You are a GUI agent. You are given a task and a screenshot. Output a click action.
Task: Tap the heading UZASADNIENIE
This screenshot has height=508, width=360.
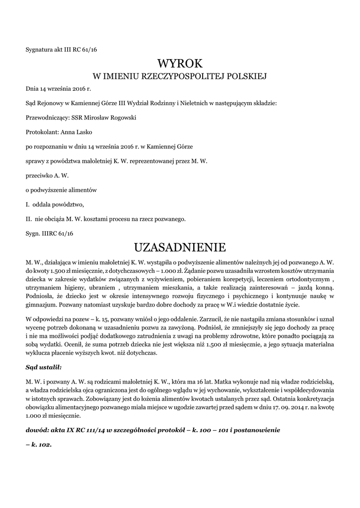click(180, 247)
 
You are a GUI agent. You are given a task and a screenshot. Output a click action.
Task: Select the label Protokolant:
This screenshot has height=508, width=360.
click(42, 132)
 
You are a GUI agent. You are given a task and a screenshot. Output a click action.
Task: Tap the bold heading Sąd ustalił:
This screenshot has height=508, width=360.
click(44, 367)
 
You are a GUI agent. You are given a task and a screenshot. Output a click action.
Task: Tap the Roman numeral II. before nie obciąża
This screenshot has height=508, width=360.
click(29, 218)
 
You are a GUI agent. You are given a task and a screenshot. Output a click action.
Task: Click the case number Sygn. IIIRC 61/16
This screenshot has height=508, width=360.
click(49, 233)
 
